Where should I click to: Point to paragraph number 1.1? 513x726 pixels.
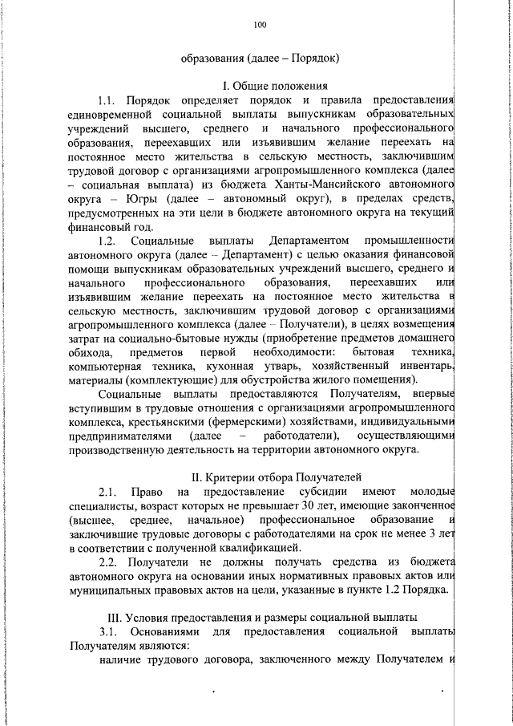click(107, 100)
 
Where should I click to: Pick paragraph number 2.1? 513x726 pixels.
click(109, 491)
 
